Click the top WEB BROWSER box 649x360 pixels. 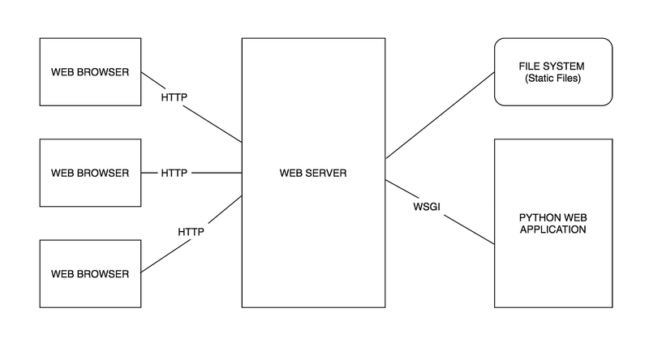tap(90, 72)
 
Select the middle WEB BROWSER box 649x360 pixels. tap(90, 173)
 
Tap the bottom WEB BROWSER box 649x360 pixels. tap(90, 274)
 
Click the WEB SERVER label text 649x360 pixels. tap(313, 173)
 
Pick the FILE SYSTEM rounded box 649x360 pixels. tap(553, 72)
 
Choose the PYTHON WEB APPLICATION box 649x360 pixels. tap(553, 224)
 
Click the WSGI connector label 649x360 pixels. tap(427, 207)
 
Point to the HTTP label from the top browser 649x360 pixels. tap(174, 97)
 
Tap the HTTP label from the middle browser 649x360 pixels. tap(174, 173)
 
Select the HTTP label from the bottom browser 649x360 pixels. tap(191, 232)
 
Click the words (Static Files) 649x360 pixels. tap(553, 78)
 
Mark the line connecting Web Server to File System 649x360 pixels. tap(440, 115)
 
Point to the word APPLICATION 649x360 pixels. tap(553, 229)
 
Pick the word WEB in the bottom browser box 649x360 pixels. tap(62, 274)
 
